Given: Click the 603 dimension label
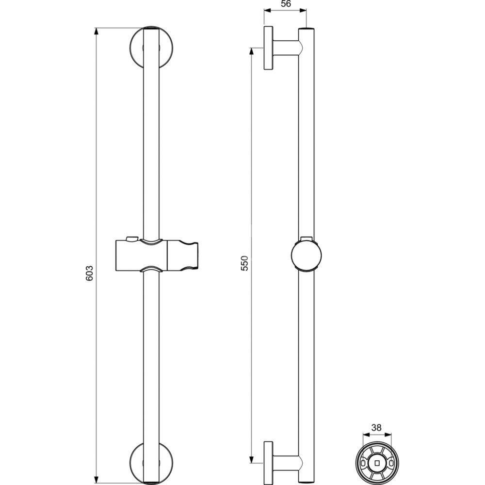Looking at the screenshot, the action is click(x=89, y=273).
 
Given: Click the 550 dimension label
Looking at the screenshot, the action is click(x=244, y=263).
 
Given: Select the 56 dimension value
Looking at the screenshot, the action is click(x=286, y=4).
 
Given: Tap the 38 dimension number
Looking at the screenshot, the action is click(x=376, y=427).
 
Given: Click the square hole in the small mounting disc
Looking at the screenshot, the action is click(x=377, y=463).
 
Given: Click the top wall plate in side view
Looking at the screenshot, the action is click(x=268, y=48).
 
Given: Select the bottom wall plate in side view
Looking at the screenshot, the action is click(x=268, y=463).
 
